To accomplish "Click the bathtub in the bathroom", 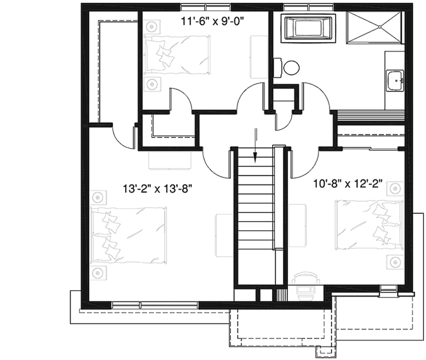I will coord(308,28).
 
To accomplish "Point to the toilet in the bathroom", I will coord(289,67).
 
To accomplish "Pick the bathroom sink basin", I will coord(394,79).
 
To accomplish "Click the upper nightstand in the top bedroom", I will coord(153,26).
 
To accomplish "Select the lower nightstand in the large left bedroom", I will coord(98,272).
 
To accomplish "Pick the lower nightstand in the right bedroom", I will coord(393,261).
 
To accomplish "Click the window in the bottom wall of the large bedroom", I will coord(142,304).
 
